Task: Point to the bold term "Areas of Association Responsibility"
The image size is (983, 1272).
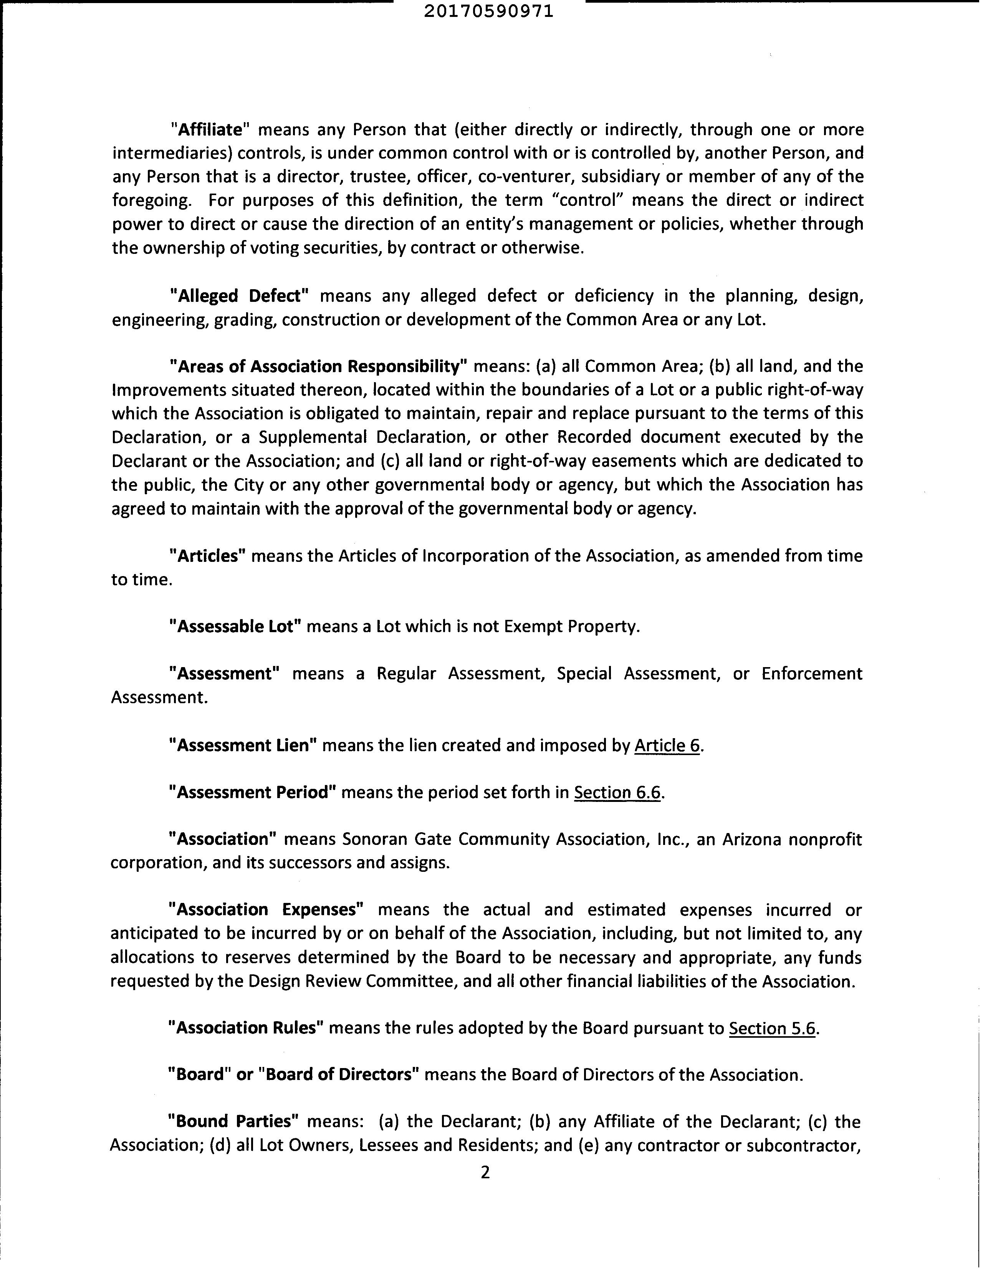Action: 318,366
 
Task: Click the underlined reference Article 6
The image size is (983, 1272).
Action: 667,745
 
